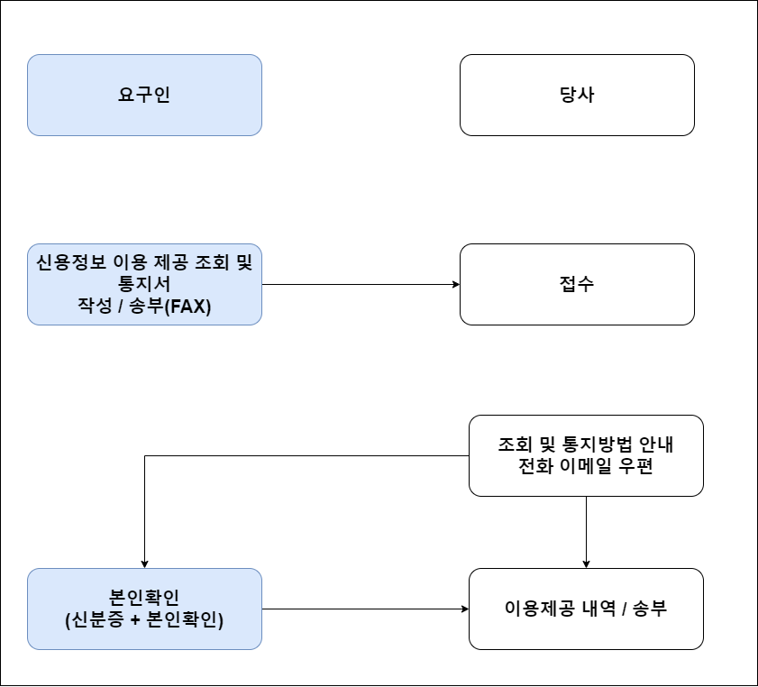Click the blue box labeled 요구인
click(144, 95)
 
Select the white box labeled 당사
click(577, 95)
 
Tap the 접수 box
click(577, 284)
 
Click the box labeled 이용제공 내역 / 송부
click(586, 609)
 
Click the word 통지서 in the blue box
click(144, 284)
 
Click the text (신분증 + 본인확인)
click(144, 620)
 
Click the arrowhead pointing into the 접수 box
click(455, 284)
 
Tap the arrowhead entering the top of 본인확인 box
click(144, 563)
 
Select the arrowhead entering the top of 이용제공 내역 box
click(586, 563)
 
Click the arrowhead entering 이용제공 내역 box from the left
click(464, 609)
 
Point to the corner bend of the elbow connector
click(144, 455)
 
